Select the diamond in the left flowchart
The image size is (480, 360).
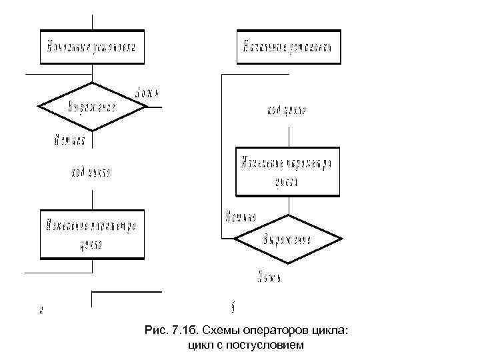(x=92, y=107)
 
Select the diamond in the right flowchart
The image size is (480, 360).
(x=288, y=239)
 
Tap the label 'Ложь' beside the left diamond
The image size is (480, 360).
(x=146, y=91)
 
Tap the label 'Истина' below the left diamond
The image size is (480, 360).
(x=69, y=140)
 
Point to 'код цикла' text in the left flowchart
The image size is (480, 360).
(x=91, y=173)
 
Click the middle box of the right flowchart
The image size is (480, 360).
(x=288, y=171)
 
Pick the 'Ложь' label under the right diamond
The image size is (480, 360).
(x=270, y=275)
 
